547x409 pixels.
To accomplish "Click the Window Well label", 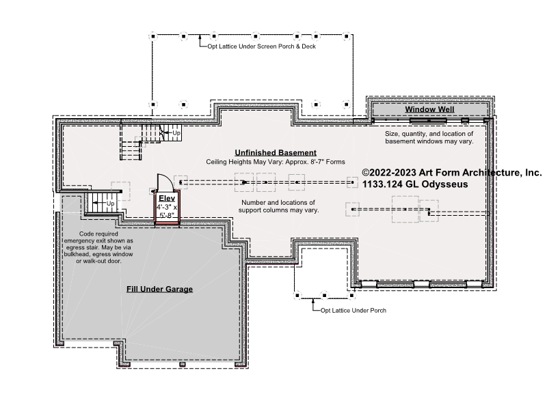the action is click(x=429, y=109).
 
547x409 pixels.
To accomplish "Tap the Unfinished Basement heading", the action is click(x=276, y=152).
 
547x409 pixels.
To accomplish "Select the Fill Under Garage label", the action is click(x=159, y=289).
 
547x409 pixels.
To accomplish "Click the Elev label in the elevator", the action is click(x=167, y=199).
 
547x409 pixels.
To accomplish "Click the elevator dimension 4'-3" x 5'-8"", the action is click(x=167, y=211).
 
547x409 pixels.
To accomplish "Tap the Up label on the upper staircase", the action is click(x=176, y=133).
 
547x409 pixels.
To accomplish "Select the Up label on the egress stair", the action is click(x=110, y=203).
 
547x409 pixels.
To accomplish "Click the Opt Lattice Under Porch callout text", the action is click(x=353, y=311).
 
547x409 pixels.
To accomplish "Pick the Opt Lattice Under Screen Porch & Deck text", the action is click(x=262, y=46).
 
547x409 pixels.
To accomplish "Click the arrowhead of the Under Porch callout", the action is click(x=313, y=300).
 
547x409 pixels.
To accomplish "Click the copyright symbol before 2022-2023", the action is click(x=366, y=173).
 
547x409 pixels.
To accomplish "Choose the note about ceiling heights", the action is click(x=276, y=162).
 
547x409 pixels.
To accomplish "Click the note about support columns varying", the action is click(x=278, y=206).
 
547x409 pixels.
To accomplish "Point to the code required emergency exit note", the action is click(x=98, y=247).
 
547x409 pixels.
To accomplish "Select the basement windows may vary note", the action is click(x=429, y=138).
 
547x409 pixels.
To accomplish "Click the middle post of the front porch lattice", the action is click(x=324, y=296).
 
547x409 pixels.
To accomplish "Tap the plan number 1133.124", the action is click(x=382, y=184).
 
